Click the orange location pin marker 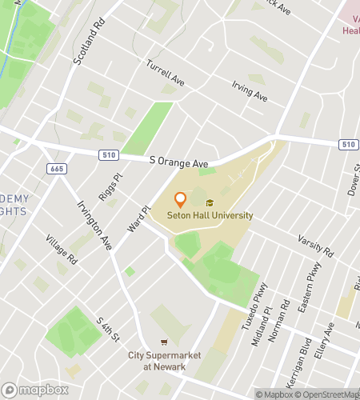[180, 198]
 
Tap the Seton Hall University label [210, 215]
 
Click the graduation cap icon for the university [210, 203]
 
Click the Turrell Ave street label [165, 75]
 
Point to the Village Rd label [61, 250]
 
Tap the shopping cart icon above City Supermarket [165, 342]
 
